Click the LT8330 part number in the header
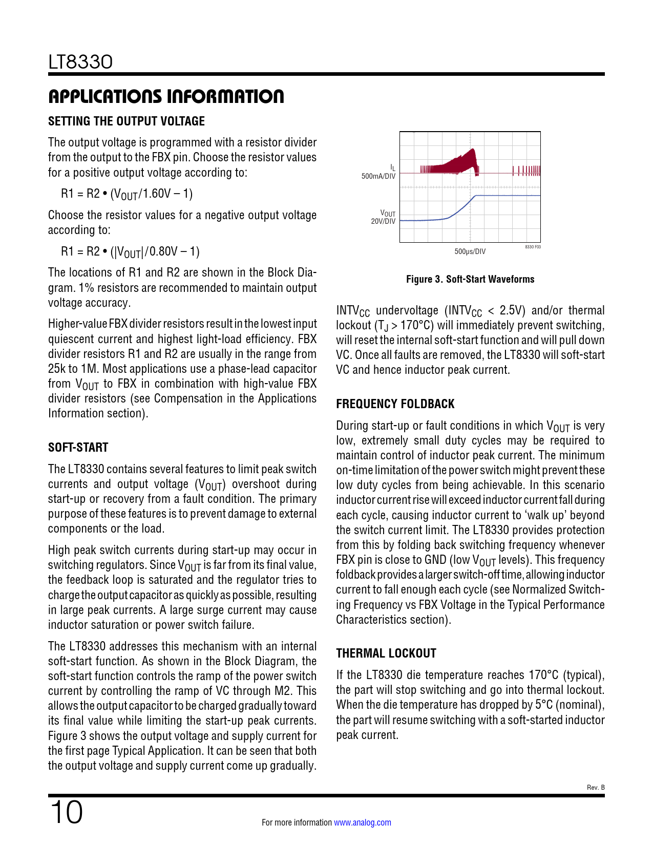[x=80, y=62]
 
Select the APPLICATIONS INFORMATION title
[x=166, y=96]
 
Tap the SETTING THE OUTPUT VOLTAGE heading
[x=127, y=121]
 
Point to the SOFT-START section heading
[x=78, y=448]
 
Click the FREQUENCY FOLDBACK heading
[x=395, y=404]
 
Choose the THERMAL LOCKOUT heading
[x=386, y=653]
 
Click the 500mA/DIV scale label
[x=378, y=176]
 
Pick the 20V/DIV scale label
[x=383, y=221]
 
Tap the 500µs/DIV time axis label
[x=470, y=251]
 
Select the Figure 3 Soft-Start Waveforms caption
[x=470, y=279]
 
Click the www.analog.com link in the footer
[x=363, y=822]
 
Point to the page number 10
[x=66, y=812]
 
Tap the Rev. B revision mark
[x=596, y=787]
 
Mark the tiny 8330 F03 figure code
[x=533, y=247]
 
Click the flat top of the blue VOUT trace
[x=507, y=195]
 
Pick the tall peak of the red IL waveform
[x=472, y=152]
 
